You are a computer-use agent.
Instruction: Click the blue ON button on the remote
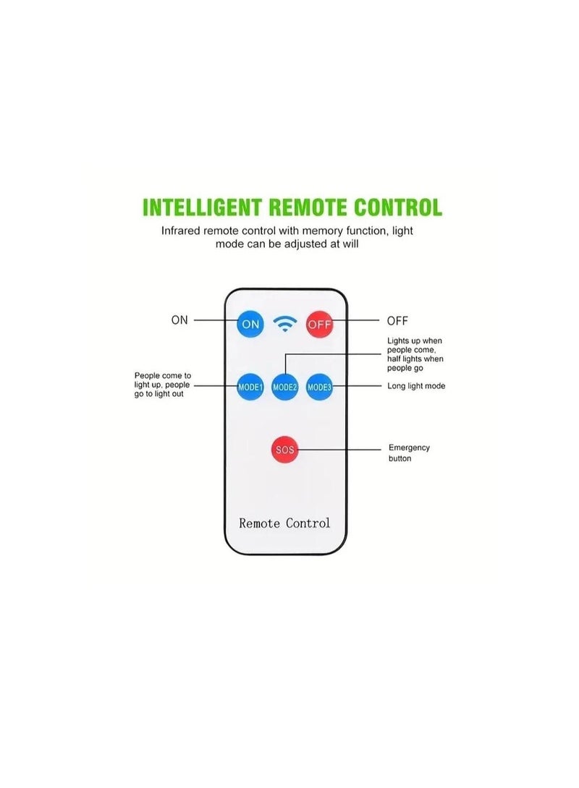250,324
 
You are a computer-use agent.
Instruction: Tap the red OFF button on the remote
319,324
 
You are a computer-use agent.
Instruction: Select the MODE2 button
285,387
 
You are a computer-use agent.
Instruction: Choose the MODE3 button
319,387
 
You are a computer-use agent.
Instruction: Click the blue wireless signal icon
285,324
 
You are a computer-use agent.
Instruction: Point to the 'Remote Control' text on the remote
284,523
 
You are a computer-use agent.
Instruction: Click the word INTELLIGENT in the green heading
203,207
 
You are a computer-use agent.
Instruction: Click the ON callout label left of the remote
179,320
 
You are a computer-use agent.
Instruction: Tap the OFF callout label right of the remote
397,320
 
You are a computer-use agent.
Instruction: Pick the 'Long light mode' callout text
416,386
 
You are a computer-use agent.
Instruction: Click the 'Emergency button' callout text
409,453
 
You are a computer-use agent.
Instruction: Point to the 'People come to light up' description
162,385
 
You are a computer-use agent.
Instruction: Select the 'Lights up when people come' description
415,354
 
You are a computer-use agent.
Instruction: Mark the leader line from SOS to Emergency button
340,450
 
